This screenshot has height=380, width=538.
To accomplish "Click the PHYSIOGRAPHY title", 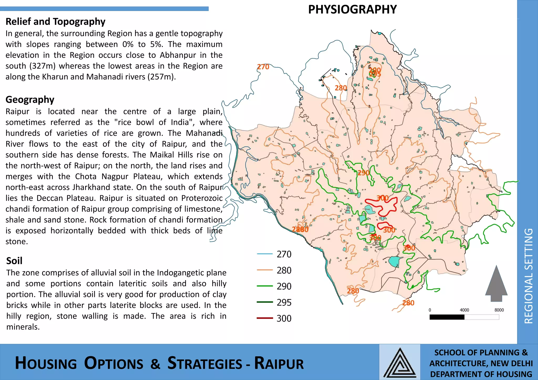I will (x=352, y=10).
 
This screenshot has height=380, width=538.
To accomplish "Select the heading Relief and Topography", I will (x=55, y=22).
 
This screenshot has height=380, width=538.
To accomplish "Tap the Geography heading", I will (x=30, y=100).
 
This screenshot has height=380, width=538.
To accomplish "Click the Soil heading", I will (x=14, y=261).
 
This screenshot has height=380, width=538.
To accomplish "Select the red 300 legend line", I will (x=265, y=319).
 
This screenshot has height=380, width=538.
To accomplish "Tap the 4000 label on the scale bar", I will (x=464, y=310).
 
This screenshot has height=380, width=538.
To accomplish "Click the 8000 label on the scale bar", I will (x=499, y=310).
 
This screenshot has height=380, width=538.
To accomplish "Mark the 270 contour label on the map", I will (x=263, y=67).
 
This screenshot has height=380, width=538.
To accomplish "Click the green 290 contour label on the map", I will (x=364, y=173).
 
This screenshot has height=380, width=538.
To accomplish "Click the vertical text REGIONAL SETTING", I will (x=528, y=276).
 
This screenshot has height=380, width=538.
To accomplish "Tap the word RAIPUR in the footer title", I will (x=279, y=363).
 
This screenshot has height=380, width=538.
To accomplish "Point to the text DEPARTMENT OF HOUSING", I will (x=481, y=374).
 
